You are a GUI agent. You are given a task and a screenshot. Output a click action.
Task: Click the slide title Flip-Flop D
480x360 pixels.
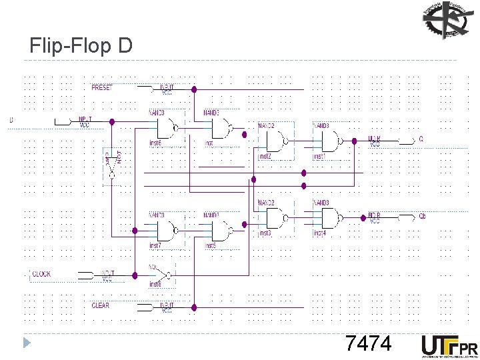tap(81, 45)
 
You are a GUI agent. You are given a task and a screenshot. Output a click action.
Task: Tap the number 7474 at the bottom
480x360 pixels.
tap(368, 344)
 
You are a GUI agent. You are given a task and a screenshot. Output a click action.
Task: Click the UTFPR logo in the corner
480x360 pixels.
tap(449, 345)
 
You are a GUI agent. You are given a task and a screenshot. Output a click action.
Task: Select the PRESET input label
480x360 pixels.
tap(102, 87)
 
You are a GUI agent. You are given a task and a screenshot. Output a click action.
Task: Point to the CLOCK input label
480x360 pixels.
tap(41, 274)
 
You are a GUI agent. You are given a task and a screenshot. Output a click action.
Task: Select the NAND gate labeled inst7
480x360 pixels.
tap(167, 230)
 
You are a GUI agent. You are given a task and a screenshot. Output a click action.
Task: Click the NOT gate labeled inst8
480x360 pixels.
tap(162, 275)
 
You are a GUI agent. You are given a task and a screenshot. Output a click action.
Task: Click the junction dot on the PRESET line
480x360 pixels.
tap(193, 89)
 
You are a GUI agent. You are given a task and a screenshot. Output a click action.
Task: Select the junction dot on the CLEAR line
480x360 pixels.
tap(193, 307)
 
